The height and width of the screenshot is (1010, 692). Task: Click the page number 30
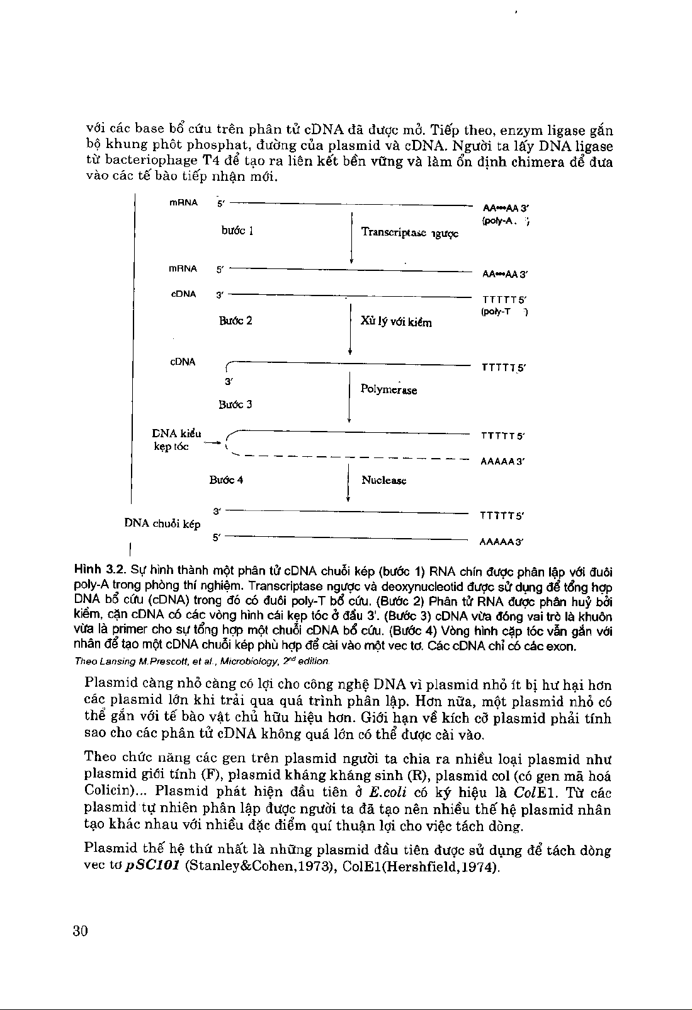(79, 931)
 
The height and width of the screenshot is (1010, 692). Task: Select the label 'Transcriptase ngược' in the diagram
(410, 232)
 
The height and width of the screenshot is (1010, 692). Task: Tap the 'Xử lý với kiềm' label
(396, 322)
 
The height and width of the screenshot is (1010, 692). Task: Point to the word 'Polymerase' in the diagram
(389, 389)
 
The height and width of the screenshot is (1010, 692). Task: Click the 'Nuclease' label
(384, 480)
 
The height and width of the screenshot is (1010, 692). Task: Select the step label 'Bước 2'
(235, 321)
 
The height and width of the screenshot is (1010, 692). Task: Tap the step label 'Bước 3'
(235, 404)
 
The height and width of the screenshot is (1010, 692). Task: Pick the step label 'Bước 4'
(227, 480)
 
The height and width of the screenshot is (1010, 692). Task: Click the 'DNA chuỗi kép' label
(162, 524)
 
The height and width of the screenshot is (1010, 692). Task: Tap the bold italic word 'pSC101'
(154, 867)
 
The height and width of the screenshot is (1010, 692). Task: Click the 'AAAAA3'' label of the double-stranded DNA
(502, 541)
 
